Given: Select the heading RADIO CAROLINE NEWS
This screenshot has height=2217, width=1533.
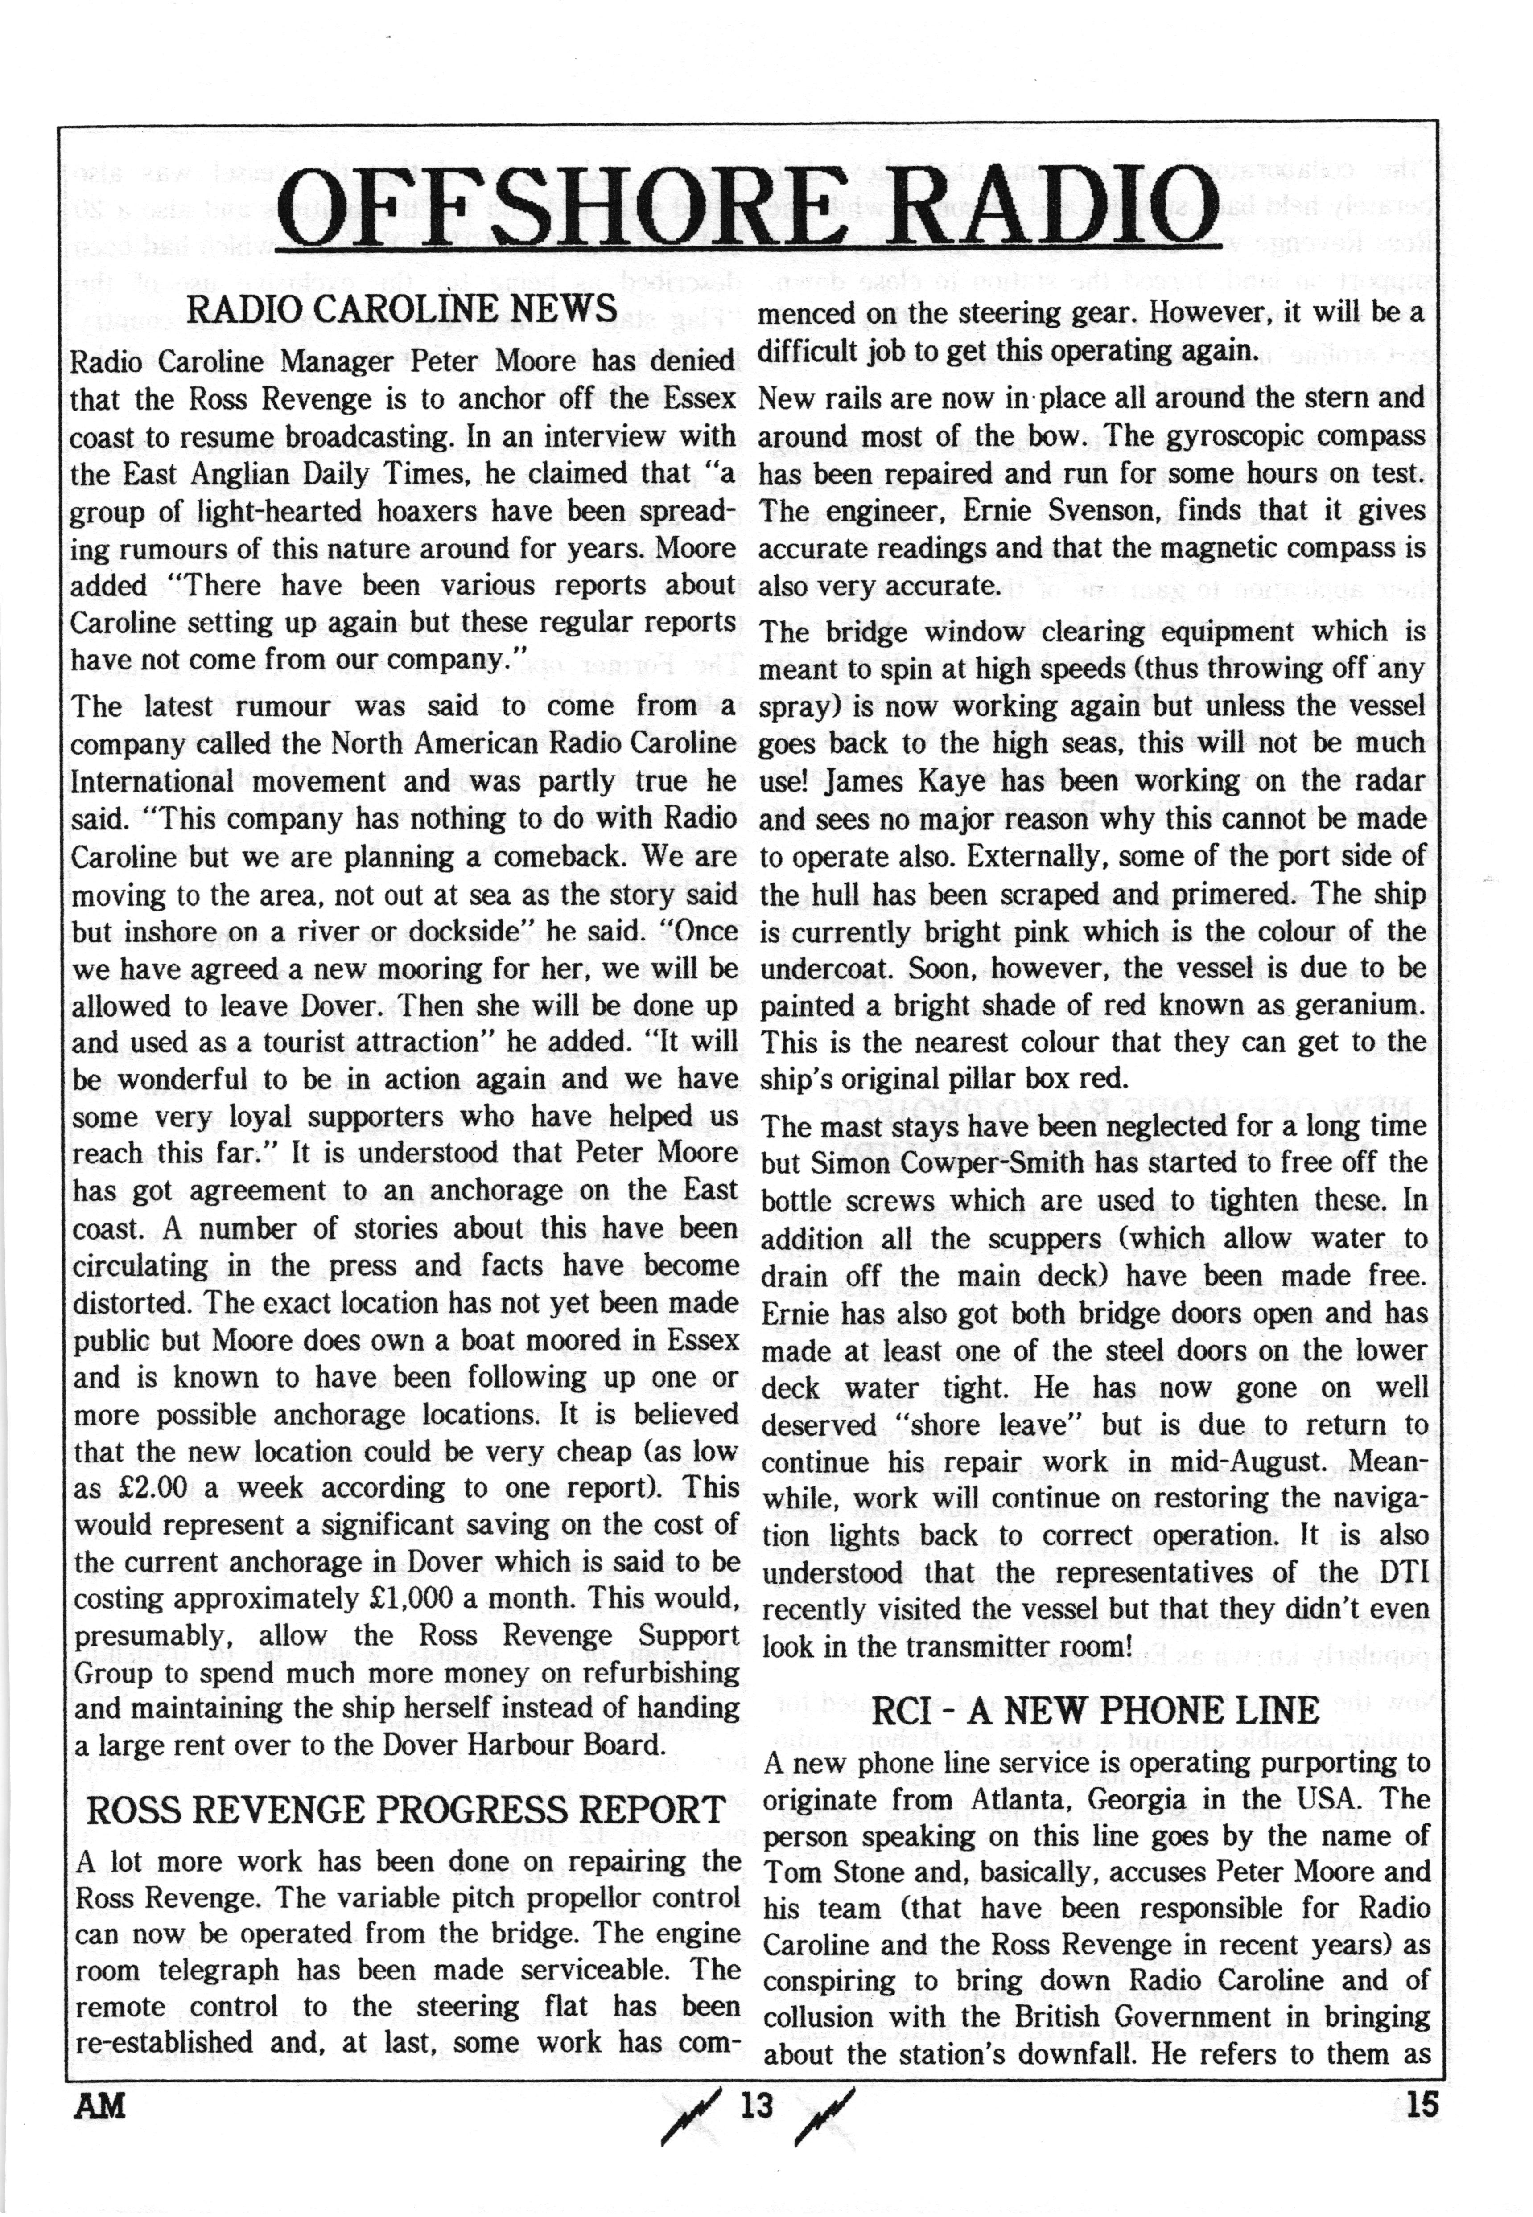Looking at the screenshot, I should pyautogui.click(x=401, y=310).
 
